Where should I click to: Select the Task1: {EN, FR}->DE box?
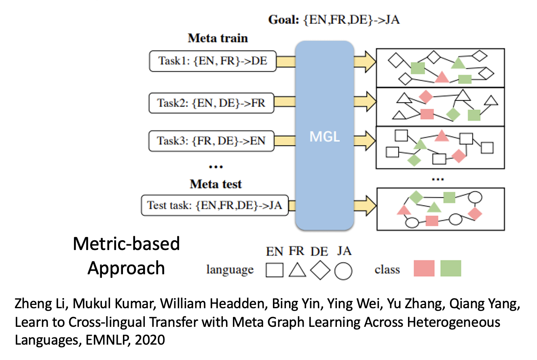pos(213,61)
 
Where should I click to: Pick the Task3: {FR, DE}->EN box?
pos(211,141)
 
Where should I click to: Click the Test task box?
pos(215,205)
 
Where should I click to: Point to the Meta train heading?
pos(218,38)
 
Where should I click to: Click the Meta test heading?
pos(216,184)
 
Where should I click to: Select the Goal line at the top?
pos(334,19)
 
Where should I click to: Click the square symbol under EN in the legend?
pos(275,270)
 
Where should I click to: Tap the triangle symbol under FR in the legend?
pos(297,270)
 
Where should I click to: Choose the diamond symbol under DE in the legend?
pos(320,270)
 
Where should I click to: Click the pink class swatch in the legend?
pos(424,268)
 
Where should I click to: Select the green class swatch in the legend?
pos(450,268)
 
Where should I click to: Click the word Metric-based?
pos(126,244)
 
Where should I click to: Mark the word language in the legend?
pos(230,269)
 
